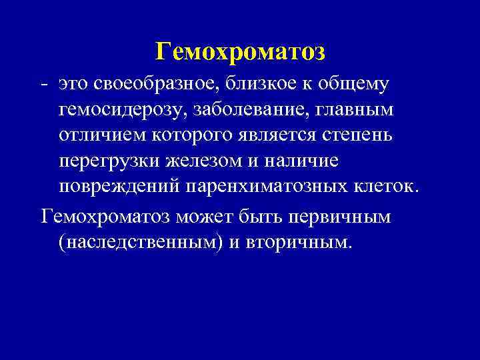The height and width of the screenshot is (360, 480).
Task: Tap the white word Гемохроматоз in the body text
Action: (107, 217)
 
